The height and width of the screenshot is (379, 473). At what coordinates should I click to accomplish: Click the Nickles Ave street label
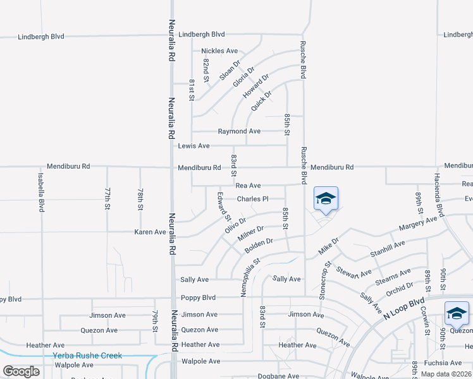219,51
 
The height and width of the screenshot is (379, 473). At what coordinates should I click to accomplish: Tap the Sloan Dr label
230,69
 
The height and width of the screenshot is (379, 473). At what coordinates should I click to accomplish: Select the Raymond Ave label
239,131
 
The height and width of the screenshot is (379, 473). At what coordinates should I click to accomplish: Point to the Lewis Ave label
193,146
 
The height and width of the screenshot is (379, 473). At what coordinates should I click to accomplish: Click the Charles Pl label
253,199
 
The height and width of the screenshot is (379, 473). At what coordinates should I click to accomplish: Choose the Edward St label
224,207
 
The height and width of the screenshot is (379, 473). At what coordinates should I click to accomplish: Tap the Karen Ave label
150,232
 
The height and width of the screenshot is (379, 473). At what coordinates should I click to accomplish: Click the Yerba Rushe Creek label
87,356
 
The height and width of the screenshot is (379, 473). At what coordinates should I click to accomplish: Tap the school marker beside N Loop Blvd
457,313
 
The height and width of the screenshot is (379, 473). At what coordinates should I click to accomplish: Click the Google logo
21,371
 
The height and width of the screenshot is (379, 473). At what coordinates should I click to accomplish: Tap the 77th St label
108,198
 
